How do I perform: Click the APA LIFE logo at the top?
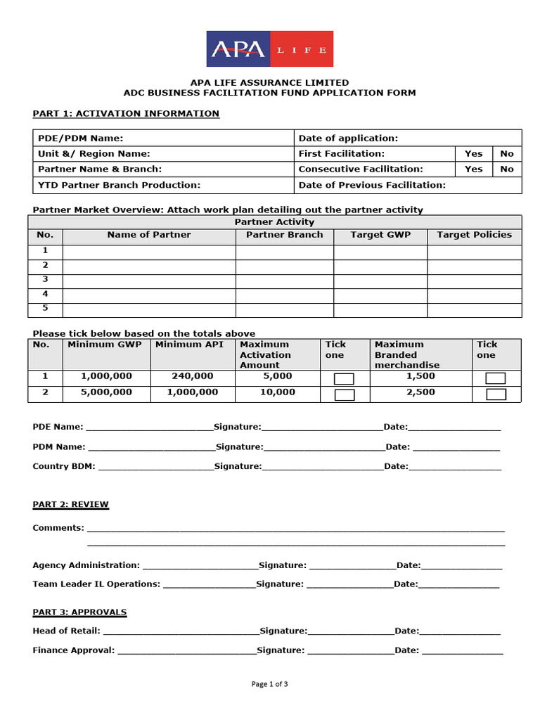pyautogui.click(x=269, y=49)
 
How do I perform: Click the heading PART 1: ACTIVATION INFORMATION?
pyautogui.click(x=126, y=113)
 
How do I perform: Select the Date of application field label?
pyautogui.click(x=348, y=139)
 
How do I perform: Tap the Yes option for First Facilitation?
pyautogui.click(x=473, y=153)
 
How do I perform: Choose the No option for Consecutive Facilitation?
pyautogui.click(x=506, y=169)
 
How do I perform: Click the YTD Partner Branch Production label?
pyautogui.click(x=119, y=184)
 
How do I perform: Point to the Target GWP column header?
pyautogui.click(x=380, y=235)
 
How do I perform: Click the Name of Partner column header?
pyautogui.click(x=148, y=235)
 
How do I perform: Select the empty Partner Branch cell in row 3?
pyautogui.click(x=284, y=280)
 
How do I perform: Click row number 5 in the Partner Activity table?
pyautogui.click(x=45, y=308)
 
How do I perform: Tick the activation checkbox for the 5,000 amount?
pyautogui.click(x=344, y=379)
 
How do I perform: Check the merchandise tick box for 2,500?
pyautogui.click(x=496, y=394)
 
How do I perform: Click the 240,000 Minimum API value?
pyautogui.click(x=192, y=376)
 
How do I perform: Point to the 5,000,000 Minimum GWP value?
pyautogui.click(x=106, y=392)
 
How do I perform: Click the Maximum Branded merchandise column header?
pyautogui.click(x=407, y=354)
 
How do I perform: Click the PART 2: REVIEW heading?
pyautogui.click(x=70, y=504)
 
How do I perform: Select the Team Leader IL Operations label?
pyautogui.click(x=96, y=584)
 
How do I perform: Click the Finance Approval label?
pyautogui.click(x=73, y=650)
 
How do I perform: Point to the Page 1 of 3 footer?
pyautogui.click(x=269, y=683)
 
